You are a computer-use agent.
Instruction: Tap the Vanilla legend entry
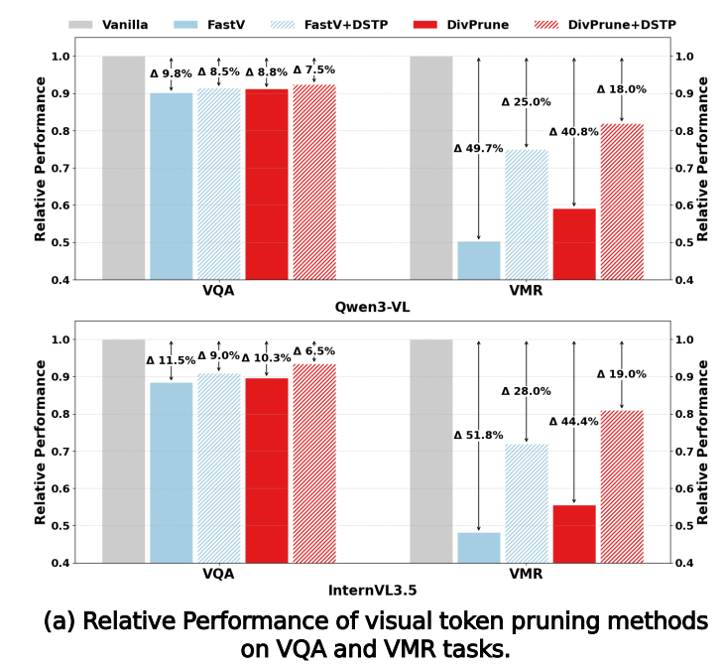click(111, 23)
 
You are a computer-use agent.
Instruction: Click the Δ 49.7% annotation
click(478, 149)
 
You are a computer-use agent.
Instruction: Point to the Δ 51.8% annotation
click(478, 435)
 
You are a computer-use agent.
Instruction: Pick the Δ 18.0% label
click(622, 89)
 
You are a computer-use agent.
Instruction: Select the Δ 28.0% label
click(526, 391)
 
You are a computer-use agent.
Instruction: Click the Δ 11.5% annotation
click(171, 361)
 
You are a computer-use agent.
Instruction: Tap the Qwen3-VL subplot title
click(372, 308)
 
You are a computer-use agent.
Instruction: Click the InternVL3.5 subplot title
click(372, 591)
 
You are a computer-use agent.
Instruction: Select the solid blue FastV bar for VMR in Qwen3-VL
click(479, 260)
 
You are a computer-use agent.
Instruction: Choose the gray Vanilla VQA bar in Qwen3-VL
click(124, 168)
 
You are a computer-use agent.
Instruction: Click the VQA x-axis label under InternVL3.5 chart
click(218, 574)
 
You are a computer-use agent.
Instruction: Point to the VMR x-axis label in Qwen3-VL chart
click(526, 292)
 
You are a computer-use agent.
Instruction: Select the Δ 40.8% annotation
click(574, 131)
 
